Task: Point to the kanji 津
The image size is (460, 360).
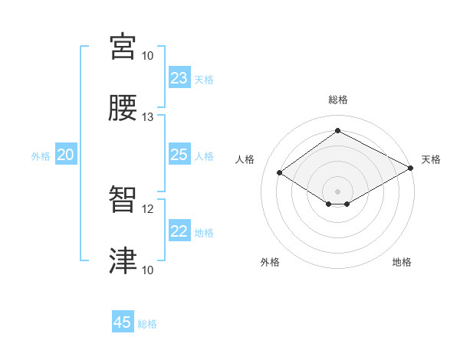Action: click(x=123, y=260)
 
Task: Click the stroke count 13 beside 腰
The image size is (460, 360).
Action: click(x=148, y=116)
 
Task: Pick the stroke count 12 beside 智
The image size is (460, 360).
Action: click(x=148, y=208)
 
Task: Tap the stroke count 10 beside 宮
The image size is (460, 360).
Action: click(x=148, y=56)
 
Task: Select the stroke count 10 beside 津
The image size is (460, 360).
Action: click(x=148, y=270)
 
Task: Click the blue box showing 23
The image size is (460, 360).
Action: click(x=179, y=78)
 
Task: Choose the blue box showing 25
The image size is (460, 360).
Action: click(x=179, y=155)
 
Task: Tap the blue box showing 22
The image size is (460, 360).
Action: click(x=179, y=231)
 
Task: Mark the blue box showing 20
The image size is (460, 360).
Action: click(x=66, y=155)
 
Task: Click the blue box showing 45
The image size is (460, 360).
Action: click(x=123, y=322)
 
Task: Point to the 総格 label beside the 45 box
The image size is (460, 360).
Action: click(x=147, y=324)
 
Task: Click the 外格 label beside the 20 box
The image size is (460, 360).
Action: click(x=41, y=156)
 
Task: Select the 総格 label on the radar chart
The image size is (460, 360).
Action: click(x=338, y=100)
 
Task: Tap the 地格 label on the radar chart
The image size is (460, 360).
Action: click(x=402, y=262)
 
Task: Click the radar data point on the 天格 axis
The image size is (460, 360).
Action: click(x=411, y=169)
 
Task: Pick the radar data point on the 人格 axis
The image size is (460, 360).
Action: click(x=280, y=173)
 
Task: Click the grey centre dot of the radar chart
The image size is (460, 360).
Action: click(x=338, y=191)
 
